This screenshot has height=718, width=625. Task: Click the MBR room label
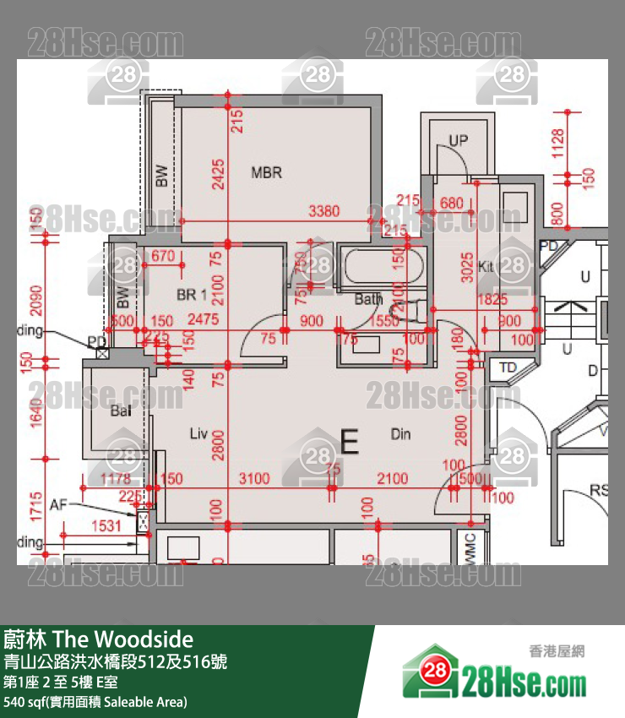pos(266,173)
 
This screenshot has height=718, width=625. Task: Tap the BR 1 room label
pos(192,295)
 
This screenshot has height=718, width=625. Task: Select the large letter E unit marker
pos(349,439)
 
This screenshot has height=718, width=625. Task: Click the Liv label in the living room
pos(198,434)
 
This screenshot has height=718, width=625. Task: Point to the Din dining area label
pos(400,434)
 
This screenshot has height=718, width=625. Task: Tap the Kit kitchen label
pos(486,266)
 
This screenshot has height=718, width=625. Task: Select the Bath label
pos(368,299)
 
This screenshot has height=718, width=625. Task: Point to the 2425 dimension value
pos(218,174)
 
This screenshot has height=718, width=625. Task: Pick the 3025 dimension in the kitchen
pos(467,266)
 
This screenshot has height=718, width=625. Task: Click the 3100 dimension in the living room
pos(253,479)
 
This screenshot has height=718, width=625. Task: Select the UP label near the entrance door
pos(458,140)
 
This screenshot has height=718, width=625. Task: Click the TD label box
pos(508,367)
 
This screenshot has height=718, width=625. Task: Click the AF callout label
pos(57,504)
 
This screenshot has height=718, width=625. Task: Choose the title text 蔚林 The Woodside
pos(99,639)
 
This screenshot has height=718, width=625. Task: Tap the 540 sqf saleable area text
pos(95,702)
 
